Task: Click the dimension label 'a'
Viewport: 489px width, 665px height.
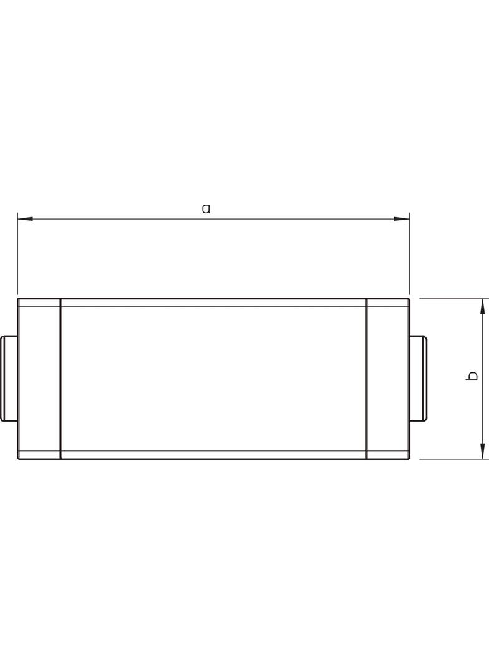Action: point(206,208)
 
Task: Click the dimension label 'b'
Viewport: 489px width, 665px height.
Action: point(473,376)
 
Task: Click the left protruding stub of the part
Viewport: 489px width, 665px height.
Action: point(9,378)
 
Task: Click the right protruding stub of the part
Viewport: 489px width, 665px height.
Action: point(418,378)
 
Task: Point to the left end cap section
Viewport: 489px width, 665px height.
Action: point(39,378)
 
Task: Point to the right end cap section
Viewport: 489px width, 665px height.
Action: point(387,378)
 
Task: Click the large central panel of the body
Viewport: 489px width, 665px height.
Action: point(213,378)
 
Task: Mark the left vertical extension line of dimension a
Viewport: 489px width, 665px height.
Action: point(17,256)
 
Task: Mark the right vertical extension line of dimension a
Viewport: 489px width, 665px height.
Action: point(409,256)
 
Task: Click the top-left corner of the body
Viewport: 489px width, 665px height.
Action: point(18,299)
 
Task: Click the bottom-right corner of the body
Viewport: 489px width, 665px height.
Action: point(409,459)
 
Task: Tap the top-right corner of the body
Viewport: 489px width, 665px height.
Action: point(409,299)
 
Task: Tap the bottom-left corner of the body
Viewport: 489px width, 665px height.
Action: point(18,459)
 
